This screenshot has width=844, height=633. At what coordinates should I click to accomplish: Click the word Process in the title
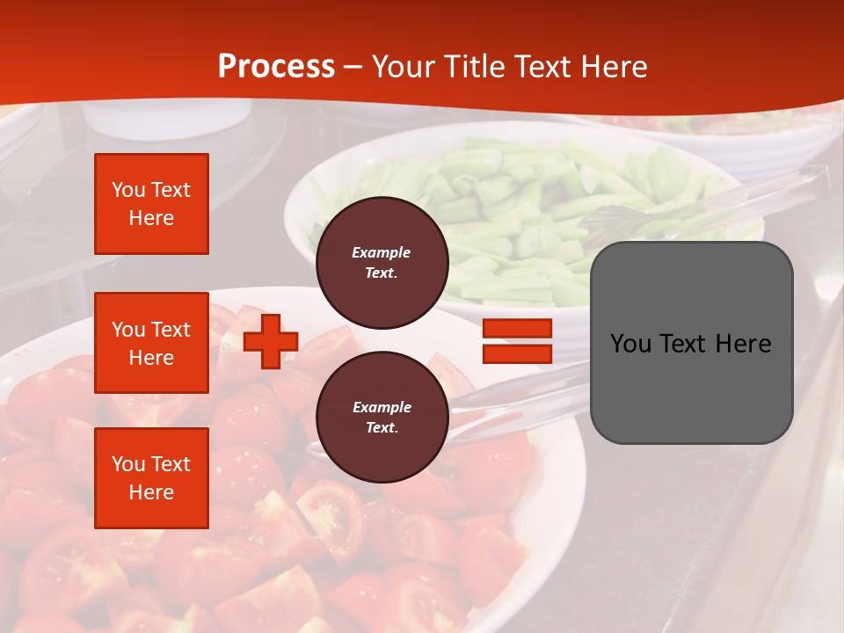(276, 67)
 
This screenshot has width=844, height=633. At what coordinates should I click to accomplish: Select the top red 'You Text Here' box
(151, 204)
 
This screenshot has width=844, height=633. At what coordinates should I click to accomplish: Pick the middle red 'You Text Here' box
(151, 343)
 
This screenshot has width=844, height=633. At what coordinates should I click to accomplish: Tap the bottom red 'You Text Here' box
(151, 478)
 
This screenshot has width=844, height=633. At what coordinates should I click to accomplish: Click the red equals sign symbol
(517, 341)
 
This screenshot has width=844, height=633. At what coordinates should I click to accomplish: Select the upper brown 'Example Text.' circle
(382, 263)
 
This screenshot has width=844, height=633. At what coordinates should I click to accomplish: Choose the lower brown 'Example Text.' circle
(382, 418)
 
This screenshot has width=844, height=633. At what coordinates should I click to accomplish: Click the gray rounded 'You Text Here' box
(691, 343)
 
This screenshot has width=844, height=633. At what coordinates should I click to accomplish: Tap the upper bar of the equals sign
(517, 329)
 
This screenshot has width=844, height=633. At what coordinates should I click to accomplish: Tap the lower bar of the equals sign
(517, 353)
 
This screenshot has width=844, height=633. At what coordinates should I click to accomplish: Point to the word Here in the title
(615, 67)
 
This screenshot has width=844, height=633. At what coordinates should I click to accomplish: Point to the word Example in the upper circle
(382, 252)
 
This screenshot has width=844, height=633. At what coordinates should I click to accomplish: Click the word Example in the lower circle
(382, 407)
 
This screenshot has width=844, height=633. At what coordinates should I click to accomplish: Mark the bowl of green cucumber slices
(527, 220)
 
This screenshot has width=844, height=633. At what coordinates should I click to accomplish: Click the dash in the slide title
(353, 67)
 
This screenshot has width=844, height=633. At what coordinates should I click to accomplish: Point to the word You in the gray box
(630, 343)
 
